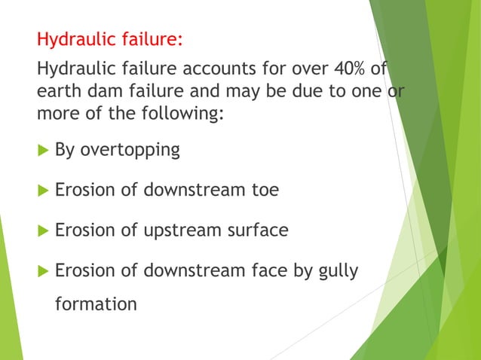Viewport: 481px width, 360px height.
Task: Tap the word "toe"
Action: coord(263,191)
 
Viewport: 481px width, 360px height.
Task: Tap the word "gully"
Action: coord(337,270)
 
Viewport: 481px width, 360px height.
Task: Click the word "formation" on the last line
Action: coord(96,304)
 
